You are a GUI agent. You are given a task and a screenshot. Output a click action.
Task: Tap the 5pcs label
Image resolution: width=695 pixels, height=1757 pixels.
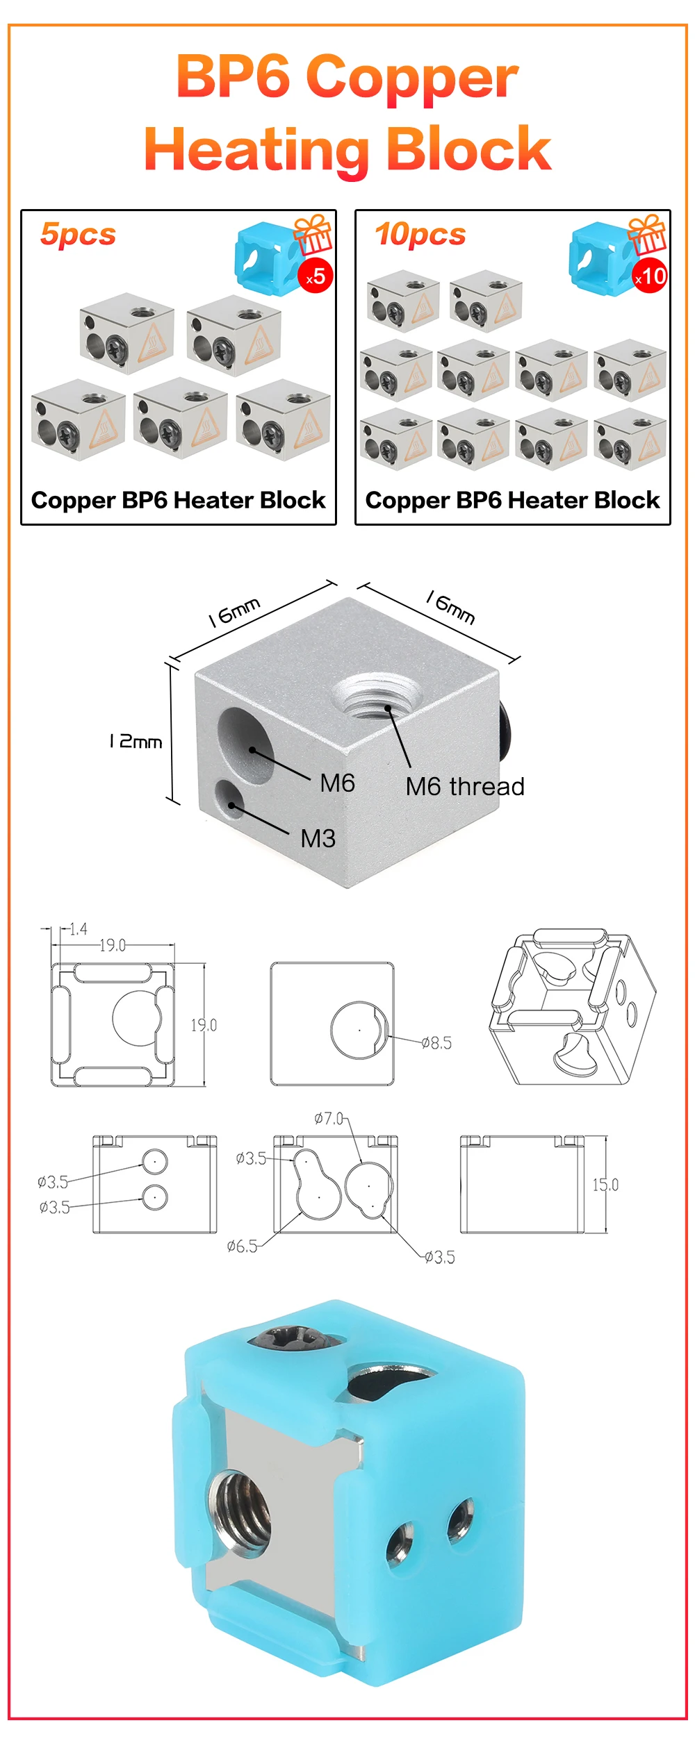point(78,235)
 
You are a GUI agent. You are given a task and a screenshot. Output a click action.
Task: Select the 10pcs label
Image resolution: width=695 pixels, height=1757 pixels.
point(420,235)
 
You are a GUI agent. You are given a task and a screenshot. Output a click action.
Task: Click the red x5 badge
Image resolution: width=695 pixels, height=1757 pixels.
point(316,276)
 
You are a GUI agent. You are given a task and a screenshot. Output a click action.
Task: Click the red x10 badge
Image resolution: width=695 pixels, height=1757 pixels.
point(651,276)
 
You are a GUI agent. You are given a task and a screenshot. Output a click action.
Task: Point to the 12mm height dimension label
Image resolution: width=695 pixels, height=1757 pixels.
point(135,742)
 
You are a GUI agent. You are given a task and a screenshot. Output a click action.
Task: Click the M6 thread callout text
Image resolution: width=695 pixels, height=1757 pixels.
point(465,787)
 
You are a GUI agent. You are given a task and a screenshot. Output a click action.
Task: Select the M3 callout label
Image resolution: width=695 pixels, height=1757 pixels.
point(318,839)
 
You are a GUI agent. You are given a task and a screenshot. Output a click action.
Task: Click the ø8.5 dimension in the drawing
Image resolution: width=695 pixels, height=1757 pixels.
point(436,1042)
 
